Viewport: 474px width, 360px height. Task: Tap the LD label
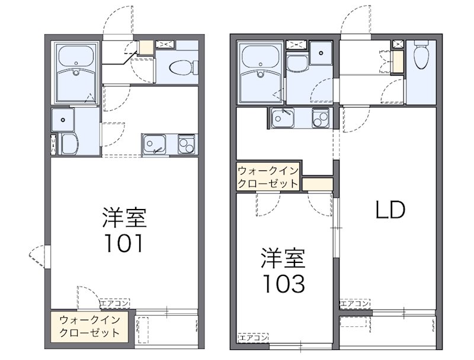pos(390,210)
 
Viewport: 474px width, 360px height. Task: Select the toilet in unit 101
pos(180,68)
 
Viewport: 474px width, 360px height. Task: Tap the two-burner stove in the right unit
pos(321,118)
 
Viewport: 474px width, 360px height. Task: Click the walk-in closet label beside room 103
pos(268,177)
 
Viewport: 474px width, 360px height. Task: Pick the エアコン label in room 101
pos(115,304)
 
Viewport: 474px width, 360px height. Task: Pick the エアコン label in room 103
pos(252,339)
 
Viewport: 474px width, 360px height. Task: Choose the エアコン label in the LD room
pos(354,304)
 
